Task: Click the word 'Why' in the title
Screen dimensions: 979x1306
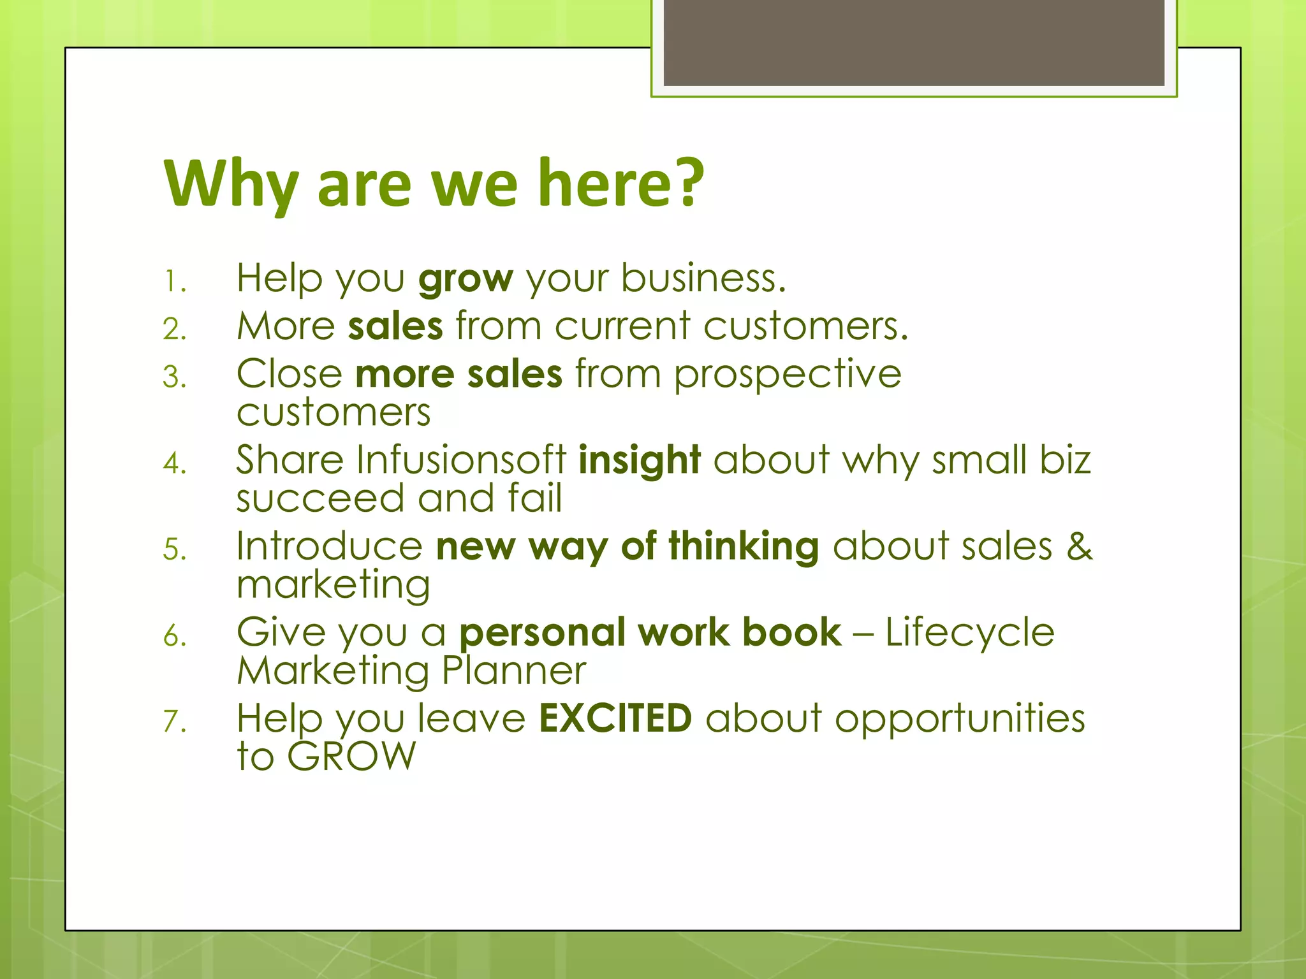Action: pos(231,185)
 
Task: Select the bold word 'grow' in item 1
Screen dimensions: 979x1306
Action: pos(466,279)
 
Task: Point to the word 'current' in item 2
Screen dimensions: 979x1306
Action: pos(622,326)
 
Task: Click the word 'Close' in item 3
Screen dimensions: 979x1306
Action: pos(290,374)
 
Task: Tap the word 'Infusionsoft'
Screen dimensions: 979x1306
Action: pos(461,460)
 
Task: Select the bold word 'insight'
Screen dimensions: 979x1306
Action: pos(639,460)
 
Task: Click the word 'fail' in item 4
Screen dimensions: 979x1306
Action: pos(535,498)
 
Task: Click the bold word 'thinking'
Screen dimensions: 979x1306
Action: pos(744,548)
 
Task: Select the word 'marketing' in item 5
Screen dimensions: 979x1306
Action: pos(334,586)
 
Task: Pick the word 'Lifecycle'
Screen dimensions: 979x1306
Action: pos(969,634)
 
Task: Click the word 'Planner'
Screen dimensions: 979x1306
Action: pos(513,671)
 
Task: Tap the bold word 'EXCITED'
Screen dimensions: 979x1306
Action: pos(615,718)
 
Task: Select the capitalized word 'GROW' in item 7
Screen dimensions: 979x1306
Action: pos(351,757)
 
